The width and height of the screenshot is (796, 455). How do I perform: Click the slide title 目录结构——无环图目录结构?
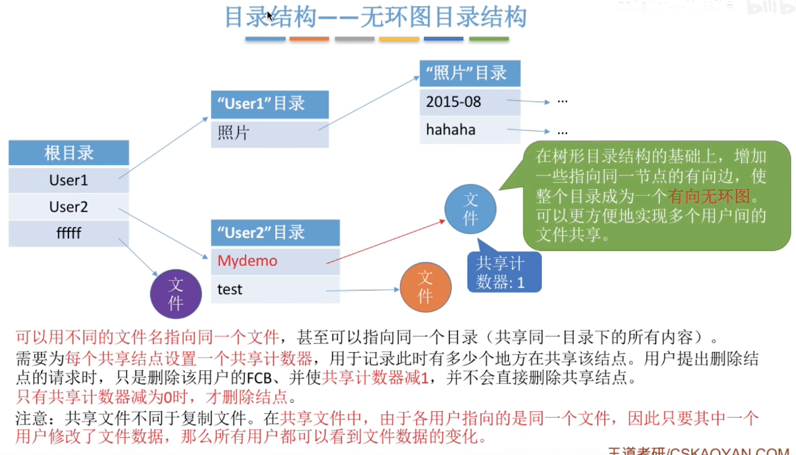(x=375, y=18)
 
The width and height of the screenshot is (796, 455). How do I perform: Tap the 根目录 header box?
(x=69, y=153)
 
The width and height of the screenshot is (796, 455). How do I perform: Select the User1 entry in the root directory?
(x=69, y=180)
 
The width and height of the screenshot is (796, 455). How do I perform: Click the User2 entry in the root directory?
(x=69, y=207)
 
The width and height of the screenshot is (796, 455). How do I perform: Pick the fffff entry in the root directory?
(x=69, y=233)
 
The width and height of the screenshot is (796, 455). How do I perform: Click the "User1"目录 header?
(x=269, y=104)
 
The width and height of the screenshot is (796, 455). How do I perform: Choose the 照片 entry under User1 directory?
(x=269, y=133)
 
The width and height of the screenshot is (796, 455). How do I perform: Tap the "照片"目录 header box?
(x=470, y=73)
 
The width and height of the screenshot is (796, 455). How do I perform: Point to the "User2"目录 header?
(x=275, y=233)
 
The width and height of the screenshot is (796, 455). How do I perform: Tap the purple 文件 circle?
(x=176, y=294)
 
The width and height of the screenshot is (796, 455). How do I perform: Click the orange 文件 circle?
(x=425, y=287)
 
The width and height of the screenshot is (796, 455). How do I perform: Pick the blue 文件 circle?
(x=470, y=208)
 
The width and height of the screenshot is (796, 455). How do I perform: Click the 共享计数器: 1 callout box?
(x=504, y=272)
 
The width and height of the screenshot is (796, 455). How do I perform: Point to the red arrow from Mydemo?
(x=385, y=243)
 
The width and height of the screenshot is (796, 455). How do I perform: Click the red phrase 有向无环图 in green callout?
(x=708, y=196)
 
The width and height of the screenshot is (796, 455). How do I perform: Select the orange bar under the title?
(x=309, y=39)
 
